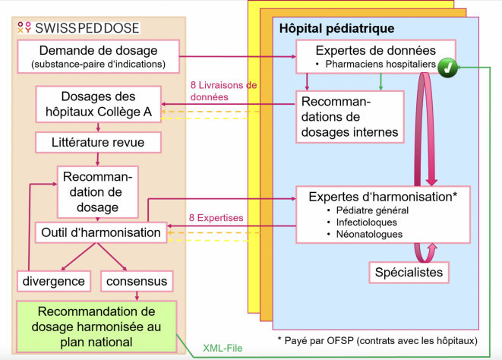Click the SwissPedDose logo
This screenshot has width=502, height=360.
[77, 27]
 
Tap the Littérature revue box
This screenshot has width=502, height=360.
[96, 141]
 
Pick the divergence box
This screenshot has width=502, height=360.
[53, 282]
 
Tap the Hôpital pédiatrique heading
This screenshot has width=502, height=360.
[336, 29]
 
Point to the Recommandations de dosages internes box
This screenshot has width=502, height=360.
[348, 117]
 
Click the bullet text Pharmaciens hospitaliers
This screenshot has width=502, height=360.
[379, 65]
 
